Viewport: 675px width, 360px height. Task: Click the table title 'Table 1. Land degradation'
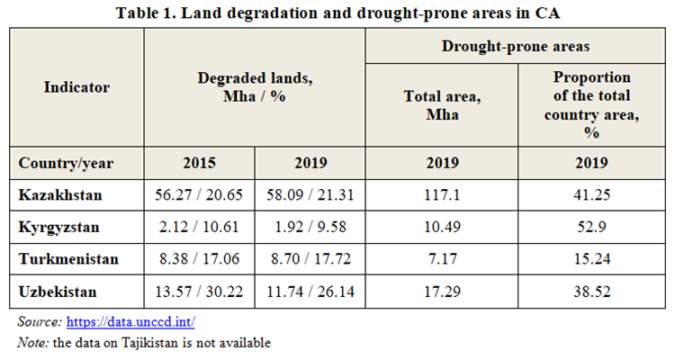click(x=337, y=13)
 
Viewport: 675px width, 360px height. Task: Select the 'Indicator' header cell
click(x=76, y=87)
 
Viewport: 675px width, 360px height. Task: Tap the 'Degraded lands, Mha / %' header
click(x=255, y=87)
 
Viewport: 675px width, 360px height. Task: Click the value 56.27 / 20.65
click(x=199, y=194)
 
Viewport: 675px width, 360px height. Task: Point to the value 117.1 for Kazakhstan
click(x=442, y=194)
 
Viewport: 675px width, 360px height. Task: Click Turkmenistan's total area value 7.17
click(x=442, y=258)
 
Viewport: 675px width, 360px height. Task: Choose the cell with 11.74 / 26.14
click(x=310, y=292)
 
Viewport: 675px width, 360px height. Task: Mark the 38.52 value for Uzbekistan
click(x=591, y=292)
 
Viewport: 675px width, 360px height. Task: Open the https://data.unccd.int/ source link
click(x=130, y=321)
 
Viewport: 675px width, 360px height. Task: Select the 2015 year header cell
click(x=199, y=164)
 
